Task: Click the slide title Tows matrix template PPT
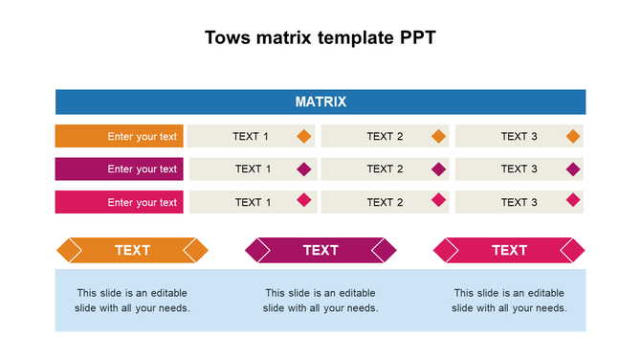coord(320,38)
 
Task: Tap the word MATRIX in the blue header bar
coord(320,101)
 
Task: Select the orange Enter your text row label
coord(120,136)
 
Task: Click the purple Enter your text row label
coord(120,169)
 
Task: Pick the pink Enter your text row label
coord(120,202)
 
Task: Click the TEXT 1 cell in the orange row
coord(251,136)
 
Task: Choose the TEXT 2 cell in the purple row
coord(385,169)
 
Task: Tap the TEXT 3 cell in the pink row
coord(519,202)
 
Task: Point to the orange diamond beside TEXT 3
coord(573,136)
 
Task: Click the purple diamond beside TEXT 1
coord(304,169)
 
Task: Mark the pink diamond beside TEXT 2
coord(439,200)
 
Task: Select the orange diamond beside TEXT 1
coord(304,136)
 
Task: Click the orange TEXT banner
coord(132,250)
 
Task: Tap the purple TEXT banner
coord(320,250)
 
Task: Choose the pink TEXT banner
coord(509,250)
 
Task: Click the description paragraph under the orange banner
coord(132,301)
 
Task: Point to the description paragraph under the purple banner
coord(320,301)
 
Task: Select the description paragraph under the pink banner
coord(509,301)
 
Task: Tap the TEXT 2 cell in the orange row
coord(385,136)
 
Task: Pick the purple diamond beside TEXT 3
coord(573,169)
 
